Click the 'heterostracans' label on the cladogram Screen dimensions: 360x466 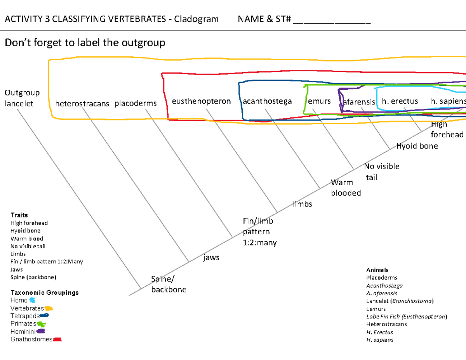(82, 104)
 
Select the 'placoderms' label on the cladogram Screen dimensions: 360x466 (136, 103)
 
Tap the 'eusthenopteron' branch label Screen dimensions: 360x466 (201, 101)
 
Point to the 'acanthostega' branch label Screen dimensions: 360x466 (267, 101)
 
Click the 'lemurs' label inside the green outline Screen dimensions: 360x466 (319, 101)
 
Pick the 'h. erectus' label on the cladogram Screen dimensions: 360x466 (400, 101)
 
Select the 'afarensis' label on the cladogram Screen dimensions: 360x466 (359, 102)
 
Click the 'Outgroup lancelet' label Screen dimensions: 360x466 (22, 98)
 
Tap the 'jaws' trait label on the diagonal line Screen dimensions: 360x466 (211, 257)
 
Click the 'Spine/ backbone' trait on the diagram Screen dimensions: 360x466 (169, 284)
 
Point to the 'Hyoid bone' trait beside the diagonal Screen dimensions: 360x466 (417, 146)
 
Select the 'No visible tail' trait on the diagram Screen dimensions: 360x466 (381, 172)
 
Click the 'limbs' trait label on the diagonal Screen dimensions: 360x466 (303, 204)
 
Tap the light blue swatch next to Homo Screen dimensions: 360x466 (32, 300)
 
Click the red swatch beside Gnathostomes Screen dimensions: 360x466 (57, 339)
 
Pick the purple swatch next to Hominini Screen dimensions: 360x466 (41, 331)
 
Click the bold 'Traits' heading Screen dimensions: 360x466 (19, 215)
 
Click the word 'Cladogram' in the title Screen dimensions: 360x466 (196, 19)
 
